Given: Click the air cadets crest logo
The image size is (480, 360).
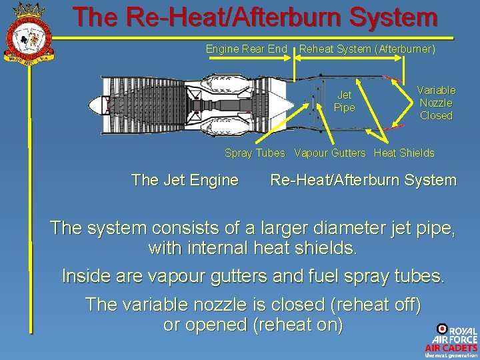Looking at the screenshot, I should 27,32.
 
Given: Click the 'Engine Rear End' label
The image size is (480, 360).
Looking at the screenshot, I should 246,49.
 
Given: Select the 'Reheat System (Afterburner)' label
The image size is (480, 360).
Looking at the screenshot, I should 367,49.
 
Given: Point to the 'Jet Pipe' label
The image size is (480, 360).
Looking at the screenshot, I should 344,101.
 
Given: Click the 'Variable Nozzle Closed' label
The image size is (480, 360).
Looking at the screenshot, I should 436,103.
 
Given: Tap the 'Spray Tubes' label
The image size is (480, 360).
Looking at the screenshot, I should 255,153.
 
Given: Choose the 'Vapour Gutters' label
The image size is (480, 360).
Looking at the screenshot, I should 330,153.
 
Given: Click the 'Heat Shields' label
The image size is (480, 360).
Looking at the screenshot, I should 404,153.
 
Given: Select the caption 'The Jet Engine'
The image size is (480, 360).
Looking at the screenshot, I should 185,180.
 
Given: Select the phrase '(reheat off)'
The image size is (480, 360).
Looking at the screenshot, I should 375,305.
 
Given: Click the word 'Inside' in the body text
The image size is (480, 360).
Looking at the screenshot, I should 87,276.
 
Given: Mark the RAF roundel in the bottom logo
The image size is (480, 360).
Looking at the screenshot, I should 442,329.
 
